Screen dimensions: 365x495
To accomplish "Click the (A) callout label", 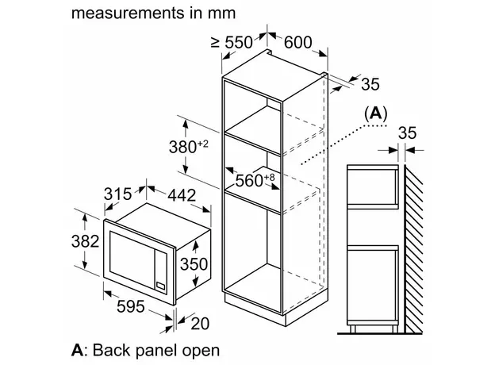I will coord(375,114).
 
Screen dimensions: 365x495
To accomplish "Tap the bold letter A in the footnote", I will coord(77,349).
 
